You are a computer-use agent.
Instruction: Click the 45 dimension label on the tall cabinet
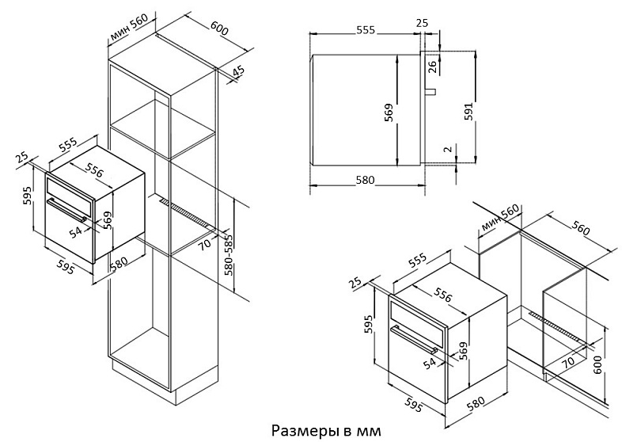[x=238, y=73]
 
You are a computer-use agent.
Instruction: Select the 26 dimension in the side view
[x=433, y=66]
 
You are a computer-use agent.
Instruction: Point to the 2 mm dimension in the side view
[x=447, y=150]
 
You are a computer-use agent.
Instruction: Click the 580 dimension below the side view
[x=365, y=181]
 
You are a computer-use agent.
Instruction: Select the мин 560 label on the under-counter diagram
[x=499, y=219]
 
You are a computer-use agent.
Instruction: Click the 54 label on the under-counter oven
[x=430, y=363]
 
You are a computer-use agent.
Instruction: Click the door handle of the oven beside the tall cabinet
[x=66, y=210]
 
